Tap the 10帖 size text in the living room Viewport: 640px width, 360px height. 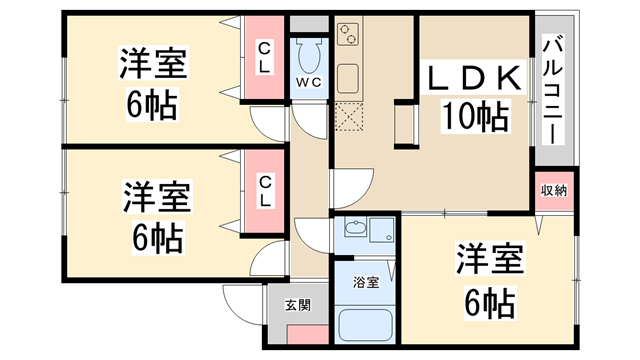[x=476, y=118]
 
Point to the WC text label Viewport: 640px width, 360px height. [x=307, y=82]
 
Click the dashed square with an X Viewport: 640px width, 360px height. [x=349, y=119]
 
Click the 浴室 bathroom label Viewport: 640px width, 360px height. [x=366, y=283]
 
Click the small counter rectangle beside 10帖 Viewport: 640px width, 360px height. [x=405, y=125]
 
